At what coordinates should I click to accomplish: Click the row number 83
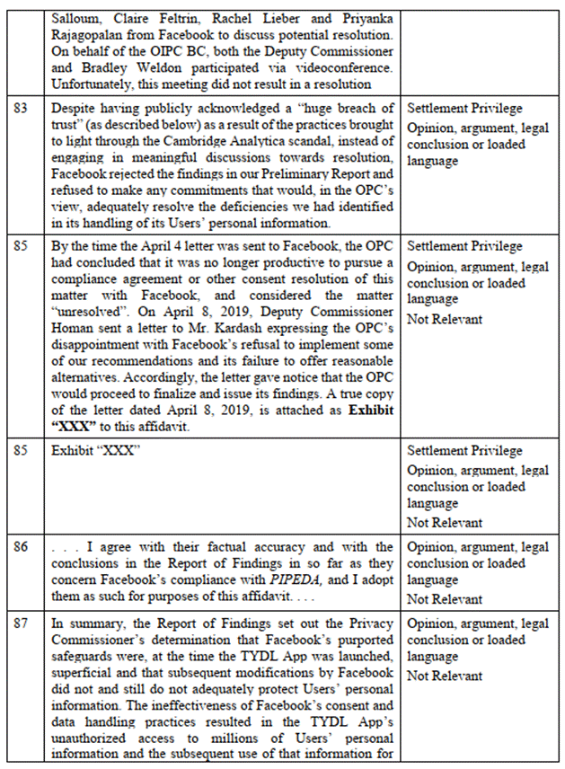coord(21,109)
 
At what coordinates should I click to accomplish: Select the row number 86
coord(21,547)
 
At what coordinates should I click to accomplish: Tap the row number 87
coord(21,623)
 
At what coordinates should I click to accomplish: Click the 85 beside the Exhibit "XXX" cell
coord(21,450)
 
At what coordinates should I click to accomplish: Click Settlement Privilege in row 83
coord(464,109)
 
